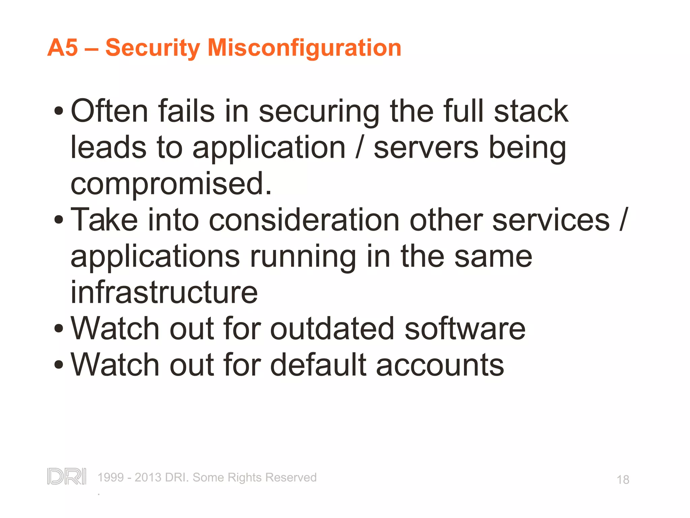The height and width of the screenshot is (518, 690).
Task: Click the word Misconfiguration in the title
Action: pyautogui.click(x=304, y=48)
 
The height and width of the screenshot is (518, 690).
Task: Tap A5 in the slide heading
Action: pyautogui.click(x=63, y=48)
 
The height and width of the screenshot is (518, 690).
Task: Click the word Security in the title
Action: pyautogui.click(x=152, y=48)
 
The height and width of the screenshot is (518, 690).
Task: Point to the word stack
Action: pyautogui.click(x=531, y=111)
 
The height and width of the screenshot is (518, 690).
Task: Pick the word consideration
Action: pyautogui.click(x=304, y=220)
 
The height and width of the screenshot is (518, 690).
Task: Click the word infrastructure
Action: pyautogui.click(x=164, y=292)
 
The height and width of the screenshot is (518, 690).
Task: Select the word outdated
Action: pyautogui.click(x=332, y=328)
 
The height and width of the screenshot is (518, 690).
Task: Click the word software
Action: pyautogui.click(x=465, y=328)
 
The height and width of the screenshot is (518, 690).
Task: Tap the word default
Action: pyautogui.click(x=318, y=365)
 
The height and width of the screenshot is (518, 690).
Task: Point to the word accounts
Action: pyautogui.click(x=440, y=365)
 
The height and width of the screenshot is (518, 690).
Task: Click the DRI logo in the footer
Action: pyautogui.click(x=67, y=477)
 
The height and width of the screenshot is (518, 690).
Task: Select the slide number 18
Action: pyautogui.click(x=623, y=480)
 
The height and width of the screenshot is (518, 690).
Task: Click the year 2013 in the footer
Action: pyautogui.click(x=148, y=478)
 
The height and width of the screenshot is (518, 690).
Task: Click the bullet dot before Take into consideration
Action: pyautogui.click(x=59, y=220)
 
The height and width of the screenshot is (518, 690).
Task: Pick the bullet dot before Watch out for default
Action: pyautogui.click(x=59, y=365)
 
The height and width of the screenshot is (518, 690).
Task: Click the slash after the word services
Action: pyautogui.click(x=624, y=220)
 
